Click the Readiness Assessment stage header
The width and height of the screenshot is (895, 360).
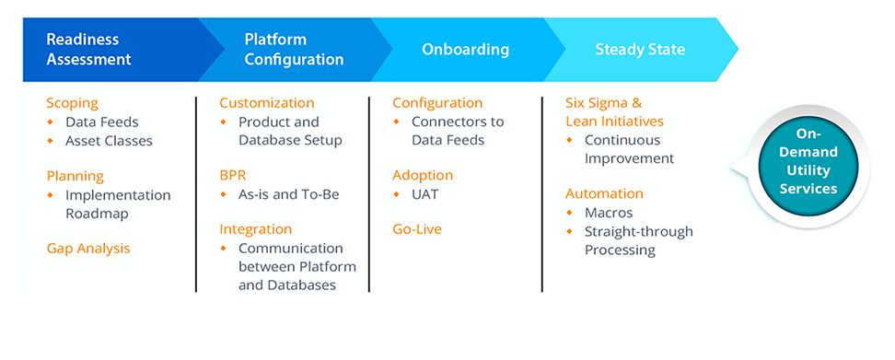(x=88, y=49)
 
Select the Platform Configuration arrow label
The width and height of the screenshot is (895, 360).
(x=294, y=49)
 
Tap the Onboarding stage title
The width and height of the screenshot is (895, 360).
(x=465, y=50)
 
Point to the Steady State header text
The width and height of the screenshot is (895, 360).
(x=640, y=50)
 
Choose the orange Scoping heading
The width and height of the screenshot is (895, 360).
(x=73, y=104)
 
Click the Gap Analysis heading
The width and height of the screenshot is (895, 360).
(x=88, y=249)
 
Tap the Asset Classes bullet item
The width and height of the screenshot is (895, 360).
(x=109, y=140)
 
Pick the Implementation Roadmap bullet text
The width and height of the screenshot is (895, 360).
(x=118, y=204)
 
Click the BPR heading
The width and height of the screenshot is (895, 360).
(x=233, y=176)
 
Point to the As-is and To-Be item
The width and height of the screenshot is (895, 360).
(x=289, y=195)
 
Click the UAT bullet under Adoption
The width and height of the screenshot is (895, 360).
(x=425, y=195)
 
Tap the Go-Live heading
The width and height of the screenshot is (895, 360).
(x=417, y=230)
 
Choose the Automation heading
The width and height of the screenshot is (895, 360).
(x=604, y=194)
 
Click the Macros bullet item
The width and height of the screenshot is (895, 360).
(x=609, y=214)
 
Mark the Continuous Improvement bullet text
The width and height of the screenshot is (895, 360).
(x=630, y=149)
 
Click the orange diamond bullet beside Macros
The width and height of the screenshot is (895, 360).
(x=569, y=214)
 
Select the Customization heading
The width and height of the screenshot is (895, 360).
(x=267, y=103)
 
